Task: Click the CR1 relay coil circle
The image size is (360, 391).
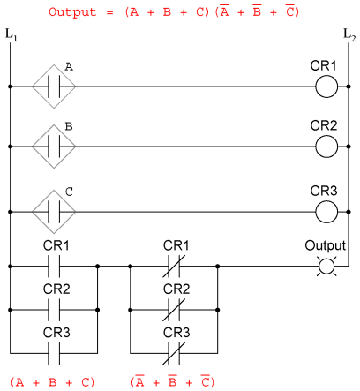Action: tap(326, 76)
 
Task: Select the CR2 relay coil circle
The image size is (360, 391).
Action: tap(326, 136)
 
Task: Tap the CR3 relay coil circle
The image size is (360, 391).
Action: tap(326, 201)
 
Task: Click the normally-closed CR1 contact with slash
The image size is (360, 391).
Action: tap(174, 267)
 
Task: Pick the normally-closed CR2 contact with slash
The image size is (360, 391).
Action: tap(174, 310)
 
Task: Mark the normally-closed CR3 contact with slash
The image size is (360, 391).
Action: tap(174, 353)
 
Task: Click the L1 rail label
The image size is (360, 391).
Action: tap(11, 35)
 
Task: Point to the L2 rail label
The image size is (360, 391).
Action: tap(349, 35)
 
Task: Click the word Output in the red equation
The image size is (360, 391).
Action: tap(72, 12)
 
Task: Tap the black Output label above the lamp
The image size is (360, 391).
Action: tap(326, 245)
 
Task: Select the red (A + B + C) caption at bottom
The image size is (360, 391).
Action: tap(52, 382)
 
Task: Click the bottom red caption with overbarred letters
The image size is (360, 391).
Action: tap(173, 381)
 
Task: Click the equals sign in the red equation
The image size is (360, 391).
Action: tap(110, 13)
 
